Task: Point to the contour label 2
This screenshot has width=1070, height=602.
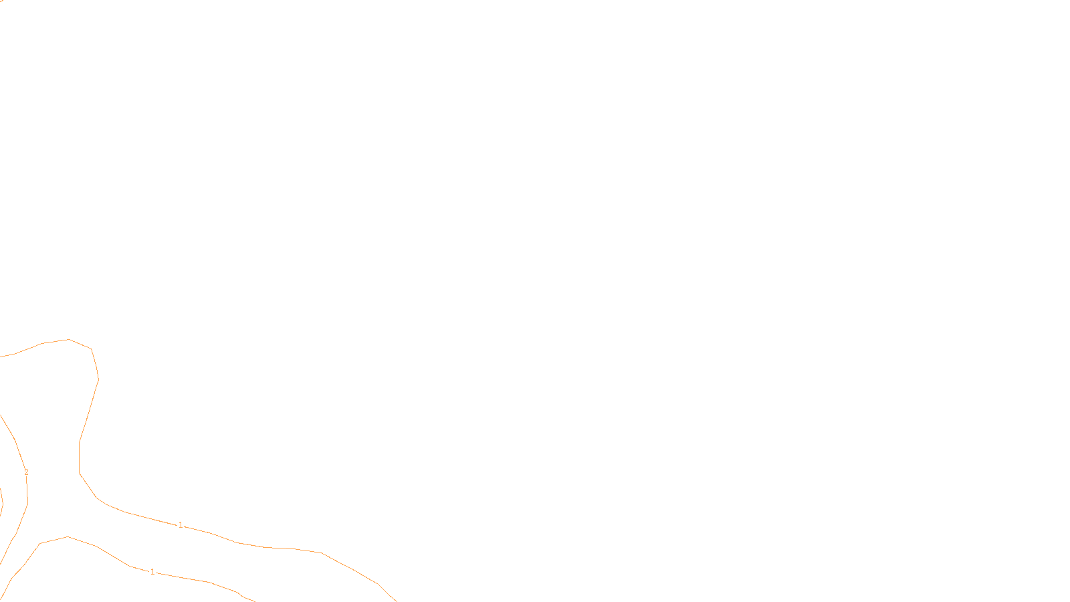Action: [26, 472]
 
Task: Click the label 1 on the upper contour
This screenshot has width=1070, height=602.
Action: [181, 525]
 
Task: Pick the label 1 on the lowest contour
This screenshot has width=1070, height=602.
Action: [152, 572]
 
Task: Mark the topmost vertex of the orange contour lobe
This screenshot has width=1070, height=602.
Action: [69, 340]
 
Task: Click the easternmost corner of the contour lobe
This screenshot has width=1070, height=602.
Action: [98, 379]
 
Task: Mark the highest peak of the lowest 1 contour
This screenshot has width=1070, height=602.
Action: [68, 536]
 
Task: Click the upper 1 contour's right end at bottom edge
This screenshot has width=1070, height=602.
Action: [397, 601]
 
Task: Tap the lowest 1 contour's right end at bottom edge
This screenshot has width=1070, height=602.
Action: [254, 601]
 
